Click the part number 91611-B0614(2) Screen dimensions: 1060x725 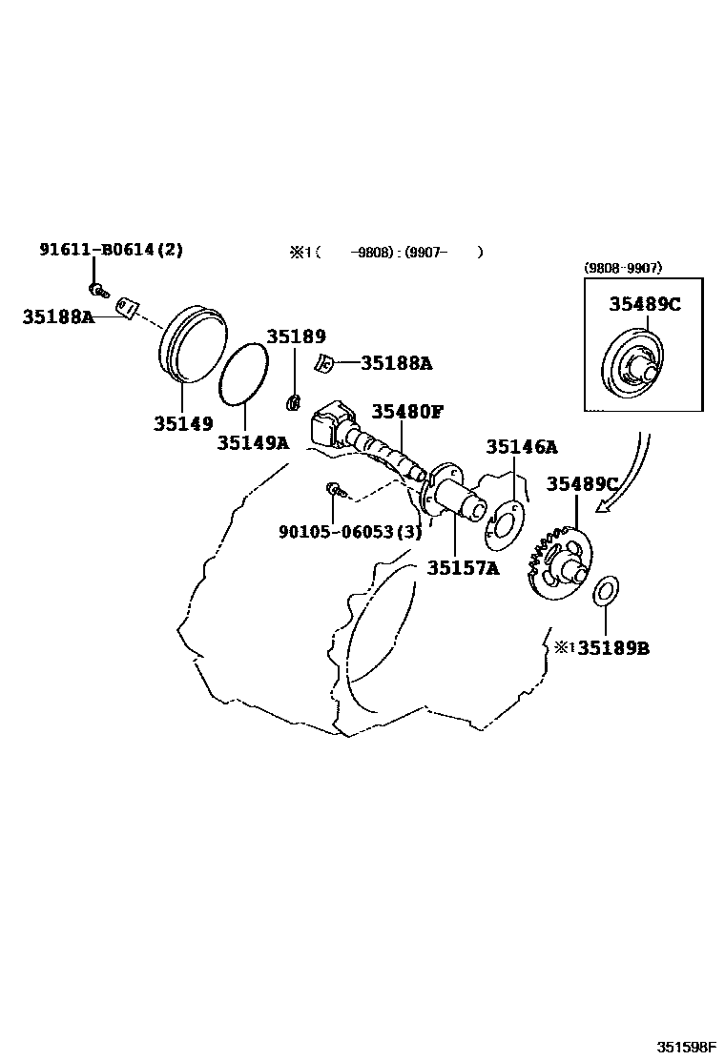click(x=111, y=251)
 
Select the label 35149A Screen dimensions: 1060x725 click(x=252, y=442)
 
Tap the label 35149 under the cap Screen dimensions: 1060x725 click(x=183, y=423)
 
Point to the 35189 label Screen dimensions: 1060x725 click(x=296, y=336)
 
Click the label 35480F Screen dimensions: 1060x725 click(x=407, y=412)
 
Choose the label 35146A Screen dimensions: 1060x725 click(x=522, y=447)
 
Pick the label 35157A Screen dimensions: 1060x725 click(x=463, y=568)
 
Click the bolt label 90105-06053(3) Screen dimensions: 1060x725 click(x=349, y=532)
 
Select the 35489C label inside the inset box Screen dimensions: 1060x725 click(x=646, y=304)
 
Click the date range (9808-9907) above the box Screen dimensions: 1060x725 click(x=623, y=269)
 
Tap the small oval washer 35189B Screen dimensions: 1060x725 click(x=605, y=590)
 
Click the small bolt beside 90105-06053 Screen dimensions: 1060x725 click(x=335, y=490)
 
